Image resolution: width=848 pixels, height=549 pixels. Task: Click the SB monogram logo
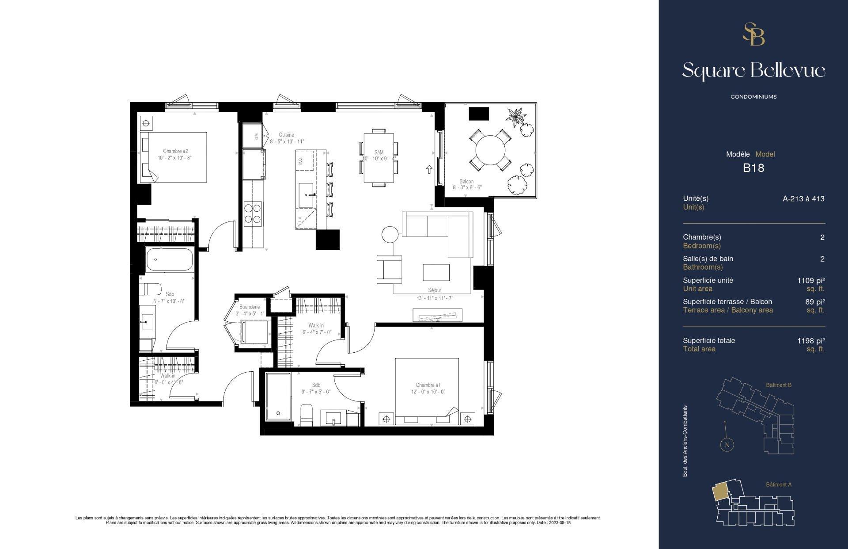(x=753, y=34)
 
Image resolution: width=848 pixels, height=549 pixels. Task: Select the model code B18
(x=753, y=168)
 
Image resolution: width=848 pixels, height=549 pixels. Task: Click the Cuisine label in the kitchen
(x=286, y=135)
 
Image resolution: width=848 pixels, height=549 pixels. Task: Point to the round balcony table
(x=490, y=149)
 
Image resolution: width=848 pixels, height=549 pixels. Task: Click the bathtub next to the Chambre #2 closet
(x=170, y=259)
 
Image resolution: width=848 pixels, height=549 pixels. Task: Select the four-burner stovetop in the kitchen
(x=253, y=214)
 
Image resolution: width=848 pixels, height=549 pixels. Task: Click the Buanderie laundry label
(x=250, y=307)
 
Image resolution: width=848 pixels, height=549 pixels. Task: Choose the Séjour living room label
(x=435, y=290)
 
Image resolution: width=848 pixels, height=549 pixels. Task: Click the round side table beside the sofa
(x=390, y=235)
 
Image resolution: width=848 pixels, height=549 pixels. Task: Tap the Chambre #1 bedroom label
(x=428, y=385)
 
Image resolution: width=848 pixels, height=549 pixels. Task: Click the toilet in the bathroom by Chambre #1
(x=306, y=415)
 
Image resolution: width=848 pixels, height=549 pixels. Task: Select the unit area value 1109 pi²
(x=811, y=280)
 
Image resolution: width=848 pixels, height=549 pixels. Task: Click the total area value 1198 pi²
(x=811, y=340)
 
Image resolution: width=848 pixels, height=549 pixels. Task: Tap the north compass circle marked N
(x=727, y=445)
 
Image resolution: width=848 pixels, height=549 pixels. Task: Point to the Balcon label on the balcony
(x=466, y=181)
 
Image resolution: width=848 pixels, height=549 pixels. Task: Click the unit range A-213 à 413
(x=803, y=198)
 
